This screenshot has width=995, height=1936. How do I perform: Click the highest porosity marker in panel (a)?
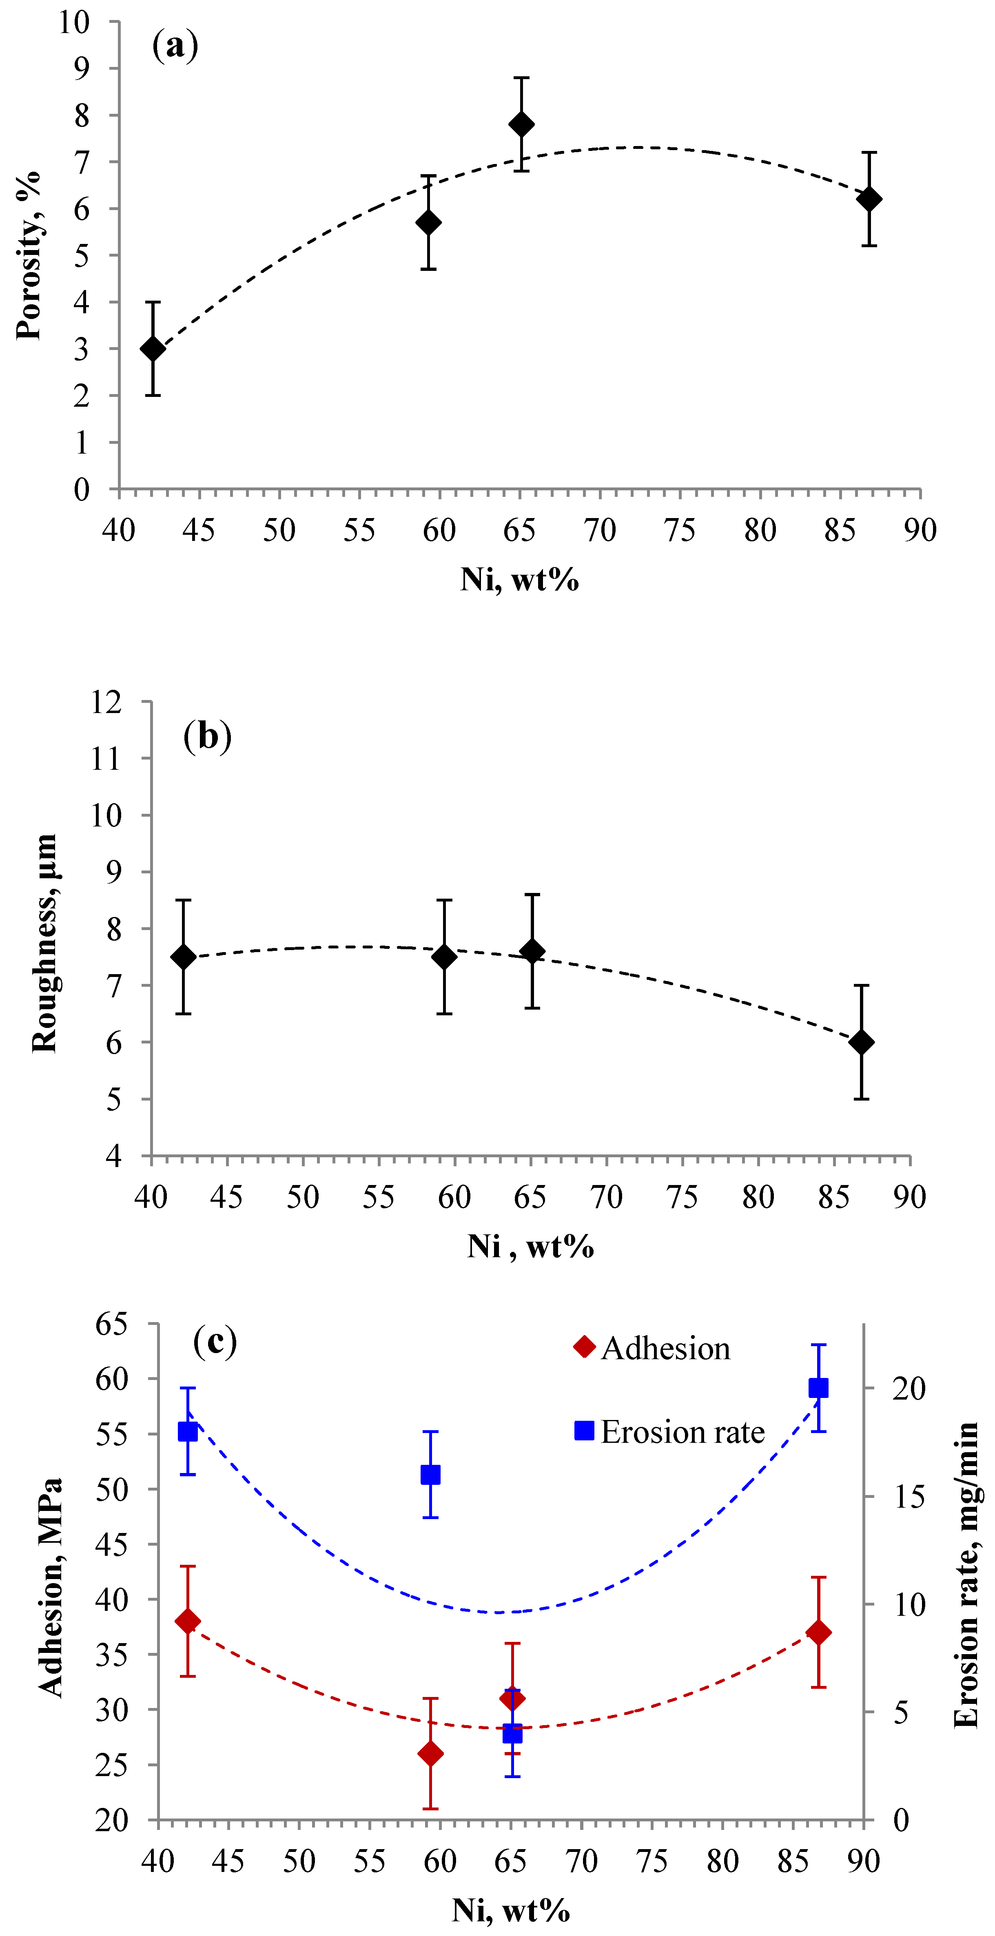(x=521, y=124)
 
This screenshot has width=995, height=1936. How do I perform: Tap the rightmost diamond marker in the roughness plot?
(x=861, y=1042)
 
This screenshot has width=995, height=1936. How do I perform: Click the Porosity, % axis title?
(x=29, y=255)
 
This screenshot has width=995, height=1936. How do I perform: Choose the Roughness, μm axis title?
(x=45, y=943)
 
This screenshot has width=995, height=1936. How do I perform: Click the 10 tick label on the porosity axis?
(x=74, y=22)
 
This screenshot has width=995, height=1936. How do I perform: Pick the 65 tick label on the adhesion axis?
(x=112, y=1323)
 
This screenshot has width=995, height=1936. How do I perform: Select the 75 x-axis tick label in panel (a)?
(x=680, y=531)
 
